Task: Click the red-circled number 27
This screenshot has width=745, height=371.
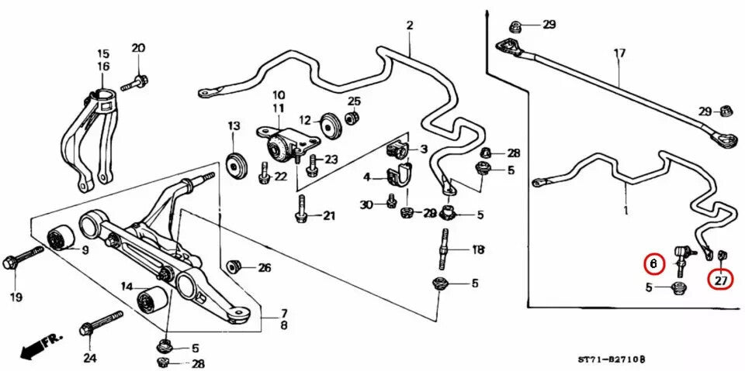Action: (721, 280)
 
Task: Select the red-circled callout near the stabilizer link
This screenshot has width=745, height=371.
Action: (653, 264)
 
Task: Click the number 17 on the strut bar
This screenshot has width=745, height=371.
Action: (619, 53)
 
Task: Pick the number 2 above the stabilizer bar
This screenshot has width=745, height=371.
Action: (409, 26)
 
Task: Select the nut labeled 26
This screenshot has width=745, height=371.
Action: (232, 267)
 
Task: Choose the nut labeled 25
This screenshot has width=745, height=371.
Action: (351, 118)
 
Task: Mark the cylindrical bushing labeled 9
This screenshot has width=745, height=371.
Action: (60, 240)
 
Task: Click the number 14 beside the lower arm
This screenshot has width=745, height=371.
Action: (126, 287)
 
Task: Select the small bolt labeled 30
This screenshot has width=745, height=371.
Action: (391, 203)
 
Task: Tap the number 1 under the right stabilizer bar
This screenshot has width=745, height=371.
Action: (625, 210)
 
